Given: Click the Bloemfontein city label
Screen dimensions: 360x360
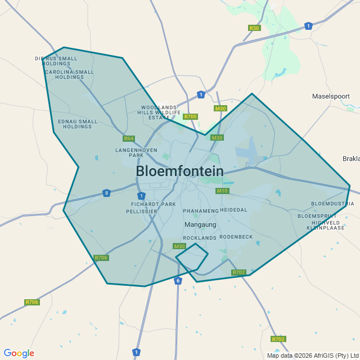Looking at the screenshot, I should point(180,171).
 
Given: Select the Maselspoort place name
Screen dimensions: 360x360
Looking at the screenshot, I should point(331,96).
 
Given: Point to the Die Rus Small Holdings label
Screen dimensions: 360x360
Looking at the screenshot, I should point(56,61).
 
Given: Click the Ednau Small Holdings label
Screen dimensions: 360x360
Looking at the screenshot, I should point(78,124).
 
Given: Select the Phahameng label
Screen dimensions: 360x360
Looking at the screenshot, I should point(200,210).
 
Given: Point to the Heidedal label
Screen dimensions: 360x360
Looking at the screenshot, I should point(233,209).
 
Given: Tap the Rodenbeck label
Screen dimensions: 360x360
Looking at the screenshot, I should point(236,237).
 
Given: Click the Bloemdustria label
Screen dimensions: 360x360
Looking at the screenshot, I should point(332,204).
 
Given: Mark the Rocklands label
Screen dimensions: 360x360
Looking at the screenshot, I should point(200,238).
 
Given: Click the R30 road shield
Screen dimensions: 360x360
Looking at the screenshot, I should point(254,28).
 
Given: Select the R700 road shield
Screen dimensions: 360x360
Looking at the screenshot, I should point(191,116).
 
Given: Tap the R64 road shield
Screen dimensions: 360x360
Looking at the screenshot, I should point(129,138).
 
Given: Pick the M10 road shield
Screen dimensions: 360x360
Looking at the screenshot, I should point(223,191).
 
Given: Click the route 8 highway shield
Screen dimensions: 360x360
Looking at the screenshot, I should point(106,193).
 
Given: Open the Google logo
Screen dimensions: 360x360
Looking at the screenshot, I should point(19,353).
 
